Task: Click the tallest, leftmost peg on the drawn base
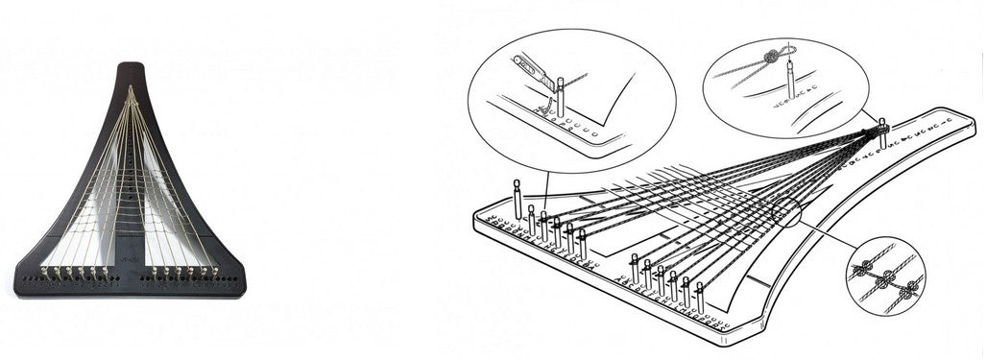click(x=518, y=198)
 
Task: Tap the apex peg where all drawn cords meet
click(x=881, y=125)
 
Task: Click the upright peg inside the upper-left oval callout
click(x=560, y=97)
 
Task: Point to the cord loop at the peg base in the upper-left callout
click(x=543, y=111)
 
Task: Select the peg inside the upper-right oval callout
click(x=788, y=76)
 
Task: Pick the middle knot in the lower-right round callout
click(x=888, y=277)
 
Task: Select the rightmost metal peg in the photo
click(x=214, y=272)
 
